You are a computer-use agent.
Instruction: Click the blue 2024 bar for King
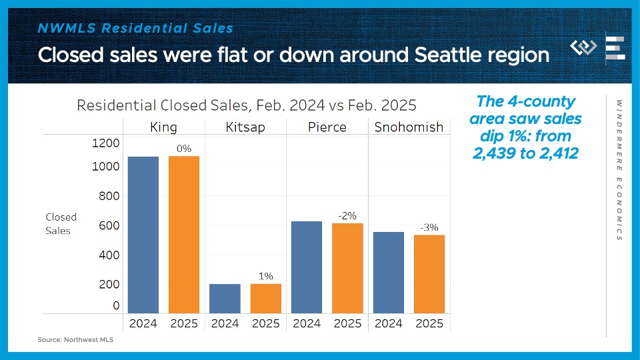pyautogui.click(x=143, y=235)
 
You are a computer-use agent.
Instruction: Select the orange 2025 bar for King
pyautogui.click(x=184, y=235)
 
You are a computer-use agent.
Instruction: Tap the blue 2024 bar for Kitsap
pyautogui.click(x=225, y=299)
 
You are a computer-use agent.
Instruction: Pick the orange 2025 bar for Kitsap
pyautogui.click(x=266, y=299)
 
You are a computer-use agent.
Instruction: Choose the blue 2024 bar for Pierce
pyautogui.click(x=307, y=267)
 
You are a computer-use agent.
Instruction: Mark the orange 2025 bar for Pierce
pyautogui.click(x=347, y=268)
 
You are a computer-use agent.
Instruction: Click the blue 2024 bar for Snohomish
pyautogui.click(x=388, y=273)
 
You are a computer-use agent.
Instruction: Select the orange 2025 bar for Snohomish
pyautogui.click(x=429, y=274)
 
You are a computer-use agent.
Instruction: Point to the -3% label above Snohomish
pyautogui.click(x=429, y=227)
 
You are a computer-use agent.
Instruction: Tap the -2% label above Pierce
pyautogui.click(x=347, y=215)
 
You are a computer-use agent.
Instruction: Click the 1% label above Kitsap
pyautogui.click(x=266, y=276)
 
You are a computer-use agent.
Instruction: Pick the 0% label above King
pyautogui.click(x=184, y=149)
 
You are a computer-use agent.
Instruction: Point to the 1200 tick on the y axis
pyautogui.click(x=107, y=143)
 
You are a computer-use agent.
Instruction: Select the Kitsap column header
pyautogui.click(x=245, y=127)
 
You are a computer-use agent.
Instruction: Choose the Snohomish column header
pyautogui.click(x=409, y=127)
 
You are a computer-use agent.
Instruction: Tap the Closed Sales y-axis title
pyautogui.click(x=61, y=223)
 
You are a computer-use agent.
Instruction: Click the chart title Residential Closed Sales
pyautogui.click(x=246, y=105)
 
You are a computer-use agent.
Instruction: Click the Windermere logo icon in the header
pyautogui.click(x=584, y=48)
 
